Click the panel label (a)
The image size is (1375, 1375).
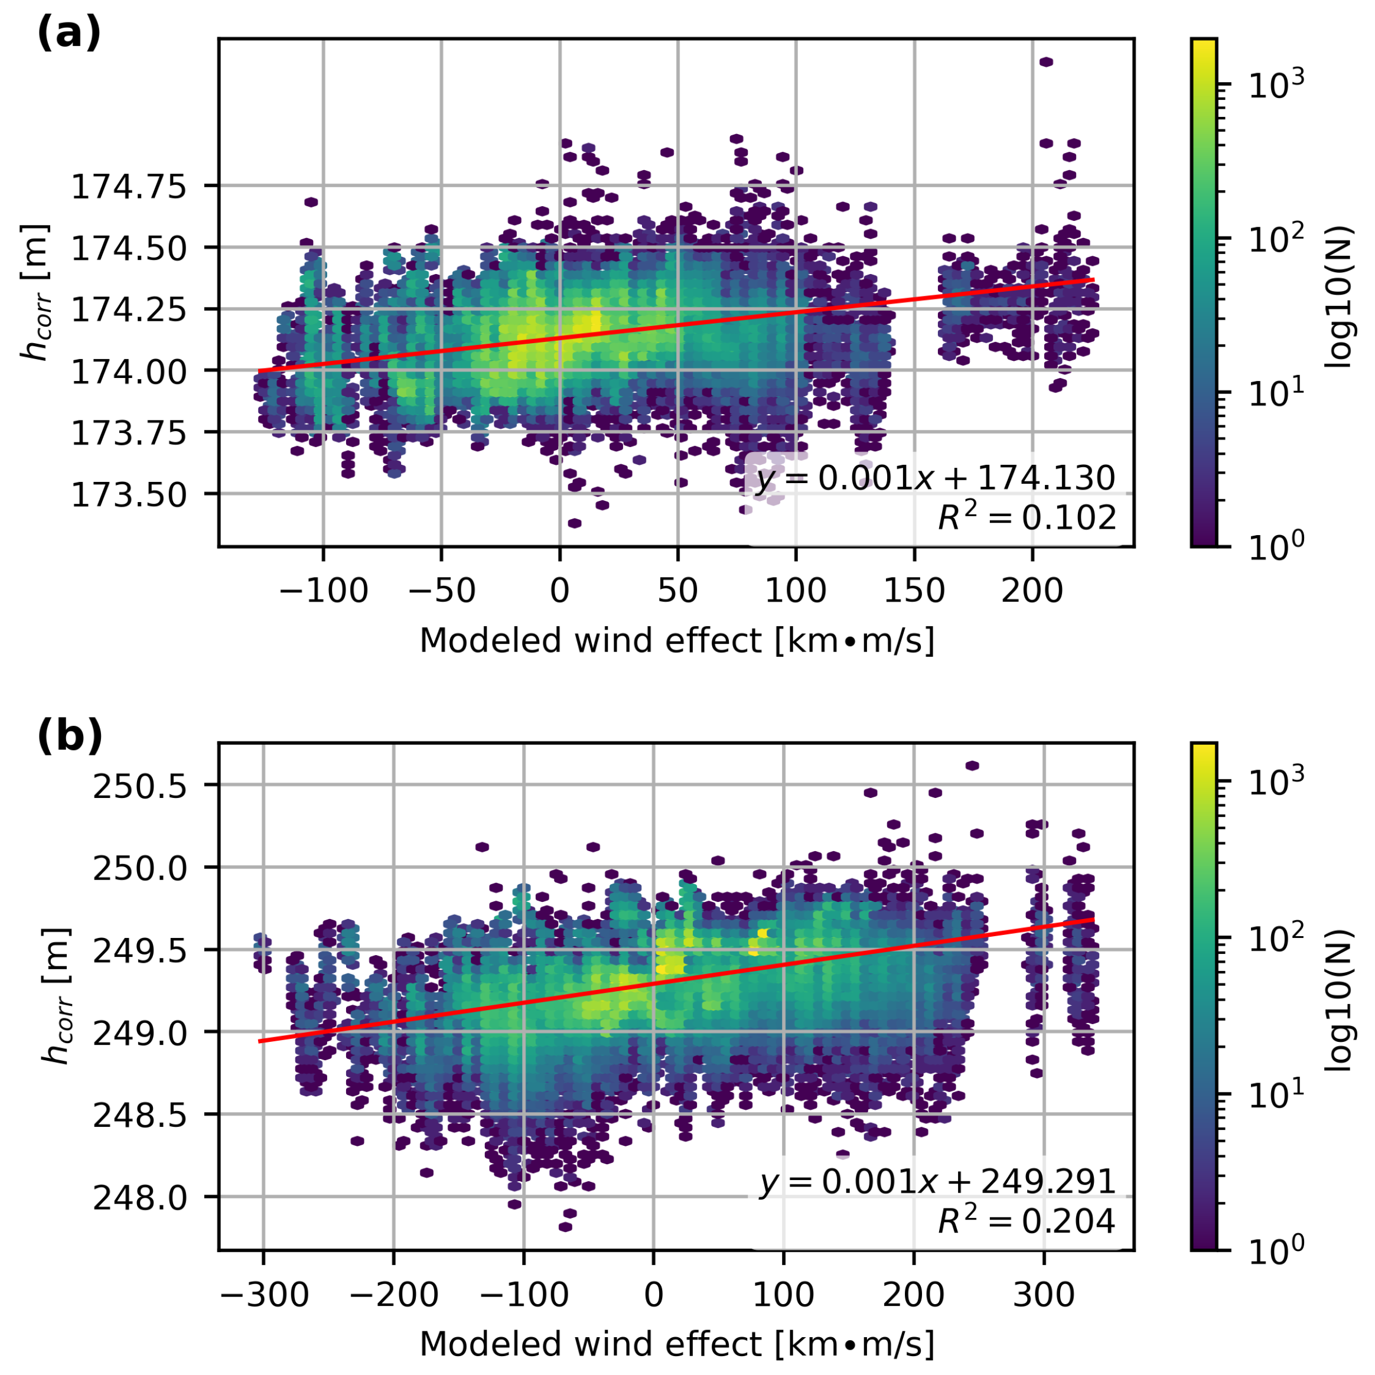(69, 34)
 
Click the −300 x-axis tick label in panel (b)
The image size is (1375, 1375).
(264, 1295)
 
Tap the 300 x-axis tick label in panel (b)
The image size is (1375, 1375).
(1044, 1295)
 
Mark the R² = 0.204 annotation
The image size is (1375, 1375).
(1027, 1221)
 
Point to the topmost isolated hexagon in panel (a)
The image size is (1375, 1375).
(1045, 62)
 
